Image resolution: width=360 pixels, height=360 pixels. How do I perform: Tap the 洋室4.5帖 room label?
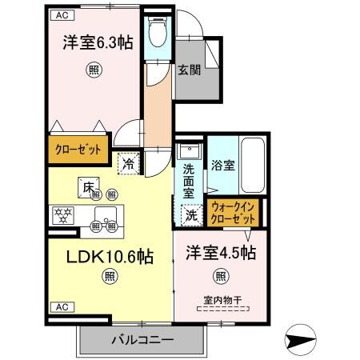(x=222, y=254)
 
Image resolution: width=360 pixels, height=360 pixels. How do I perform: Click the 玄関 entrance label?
(x=189, y=70)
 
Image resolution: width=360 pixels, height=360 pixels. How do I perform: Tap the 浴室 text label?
(x=222, y=166)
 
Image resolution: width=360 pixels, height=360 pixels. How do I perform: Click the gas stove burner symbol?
(x=62, y=214)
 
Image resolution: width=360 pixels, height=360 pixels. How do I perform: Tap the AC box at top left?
(x=61, y=14)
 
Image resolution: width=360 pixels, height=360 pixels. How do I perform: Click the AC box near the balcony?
(x=61, y=307)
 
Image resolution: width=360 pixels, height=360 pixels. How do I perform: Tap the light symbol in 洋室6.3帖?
(x=93, y=70)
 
